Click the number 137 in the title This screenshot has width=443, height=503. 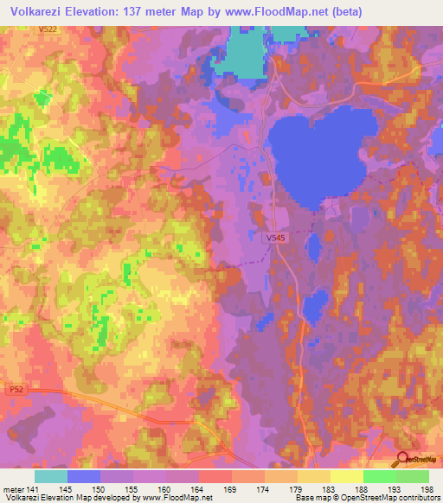[x=154, y=11]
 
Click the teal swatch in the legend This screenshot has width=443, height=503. [x=51, y=475]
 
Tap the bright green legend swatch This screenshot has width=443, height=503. [x=379, y=475]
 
